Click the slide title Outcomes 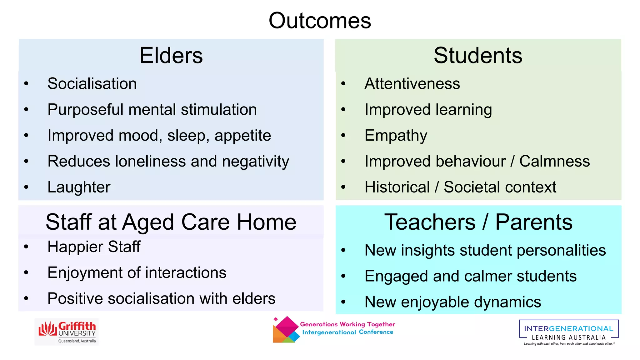[x=320, y=21]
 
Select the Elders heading [x=171, y=56]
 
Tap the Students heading [x=478, y=56]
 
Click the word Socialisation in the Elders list [x=92, y=84]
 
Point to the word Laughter [x=79, y=187]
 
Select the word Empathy [x=396, y=136]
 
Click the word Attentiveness [x=412, y=84]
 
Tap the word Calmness [x=554, y=162]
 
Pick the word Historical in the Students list [x=397, y=187]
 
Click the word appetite [x=242, y=136]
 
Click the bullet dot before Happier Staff [x=26, y=247]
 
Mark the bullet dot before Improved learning [x=343, y=110]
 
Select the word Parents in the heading [x=534, y=222]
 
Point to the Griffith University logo [x=67, y=332]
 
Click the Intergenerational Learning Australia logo [x=568, y=332]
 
